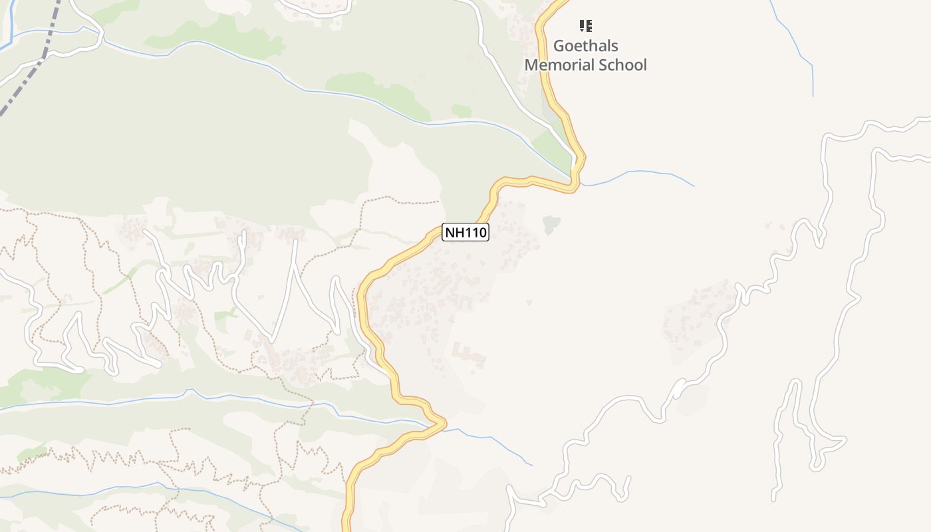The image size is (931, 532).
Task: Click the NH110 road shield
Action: [x=465, y=232]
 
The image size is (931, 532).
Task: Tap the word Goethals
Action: [x=585, y=46]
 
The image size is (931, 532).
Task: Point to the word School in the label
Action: [x=622, y=65]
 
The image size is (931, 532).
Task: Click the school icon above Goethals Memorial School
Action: [x=585, y=26]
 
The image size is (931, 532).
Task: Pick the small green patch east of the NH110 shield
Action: [x=551, y=225]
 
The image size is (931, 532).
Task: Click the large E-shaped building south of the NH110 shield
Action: [x=469, y=355]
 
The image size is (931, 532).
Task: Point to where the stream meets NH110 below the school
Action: [x=576, y=180]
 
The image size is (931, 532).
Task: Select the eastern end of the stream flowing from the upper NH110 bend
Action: [x=694, y=186]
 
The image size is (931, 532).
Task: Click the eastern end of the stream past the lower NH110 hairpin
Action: [x=532, y=464]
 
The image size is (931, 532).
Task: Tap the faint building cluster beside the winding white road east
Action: [x=698, y=319]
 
